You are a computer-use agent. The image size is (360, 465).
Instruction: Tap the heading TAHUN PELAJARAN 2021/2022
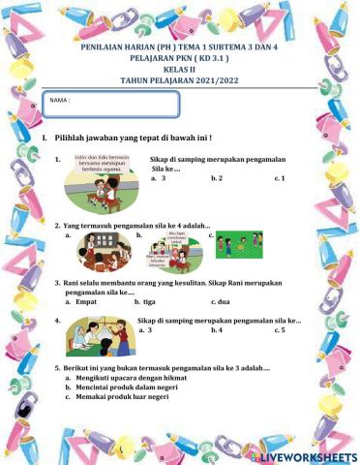click(x=179, y=82)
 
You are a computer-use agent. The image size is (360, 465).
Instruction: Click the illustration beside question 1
click(x=102, y=180)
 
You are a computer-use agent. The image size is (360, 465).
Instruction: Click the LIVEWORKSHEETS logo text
click(x=309, y=454)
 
